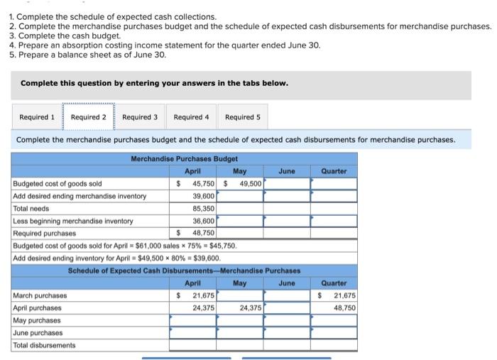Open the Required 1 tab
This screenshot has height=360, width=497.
tap(37, 117)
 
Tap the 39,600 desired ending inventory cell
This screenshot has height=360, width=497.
tap(203, 196)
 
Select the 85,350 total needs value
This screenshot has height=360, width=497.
tap(203, 209)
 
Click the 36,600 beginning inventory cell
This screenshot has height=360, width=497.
tap(203, 221)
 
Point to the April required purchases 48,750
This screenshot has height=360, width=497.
tap(203, 233)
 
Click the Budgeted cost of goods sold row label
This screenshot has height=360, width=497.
tap(58, 184)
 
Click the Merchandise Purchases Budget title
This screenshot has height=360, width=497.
tap(185, 158)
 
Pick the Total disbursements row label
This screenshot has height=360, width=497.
tap(44, 345)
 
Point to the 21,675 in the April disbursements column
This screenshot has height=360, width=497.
tap(203, 295)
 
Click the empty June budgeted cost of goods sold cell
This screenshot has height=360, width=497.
tap(287, 184)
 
